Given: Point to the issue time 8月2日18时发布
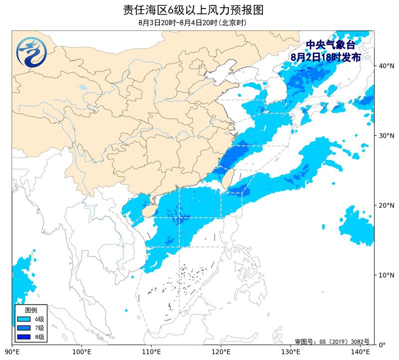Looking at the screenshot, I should tap(326, 57).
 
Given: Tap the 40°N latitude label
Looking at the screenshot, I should tap(385, 66).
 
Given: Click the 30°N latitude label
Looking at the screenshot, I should tap(385, 136).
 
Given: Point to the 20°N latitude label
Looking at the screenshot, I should tap(385, 205).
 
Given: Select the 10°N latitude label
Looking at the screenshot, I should tap(385, 275).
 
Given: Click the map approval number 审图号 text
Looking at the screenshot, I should tap(332, 342).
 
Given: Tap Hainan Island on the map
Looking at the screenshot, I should tap(148, 212).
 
